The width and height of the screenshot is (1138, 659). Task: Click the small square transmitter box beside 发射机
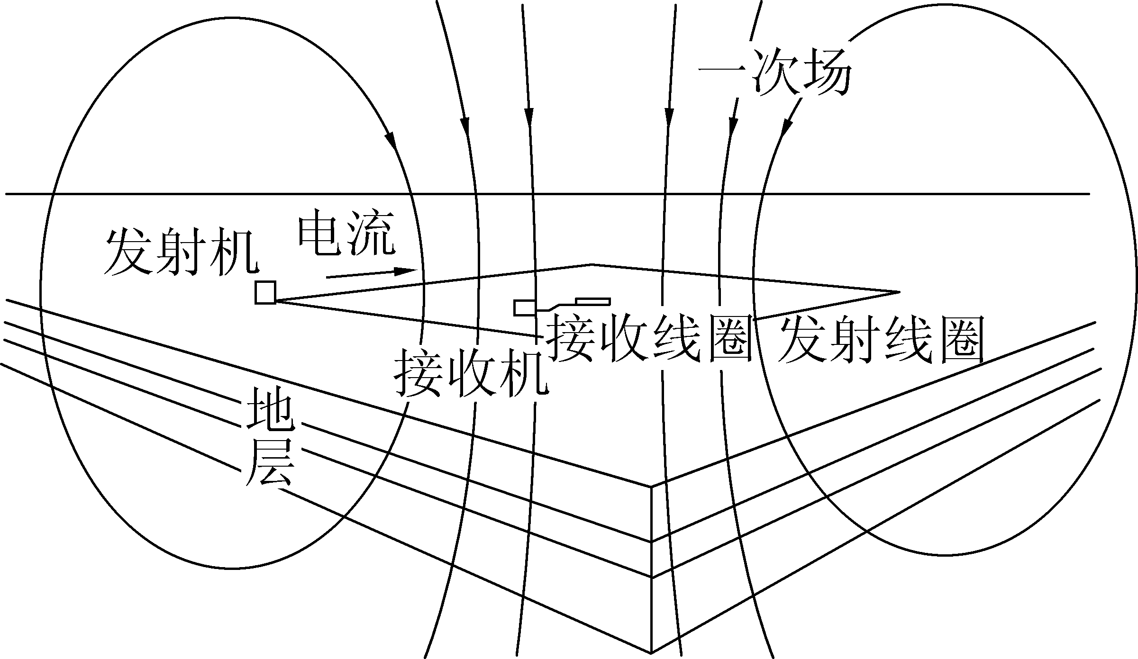point(265,292)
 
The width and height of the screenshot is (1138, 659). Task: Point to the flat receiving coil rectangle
point(592,301)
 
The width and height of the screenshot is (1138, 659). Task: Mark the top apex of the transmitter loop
point(592,264)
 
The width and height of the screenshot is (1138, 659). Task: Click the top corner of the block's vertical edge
point(651,486)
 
